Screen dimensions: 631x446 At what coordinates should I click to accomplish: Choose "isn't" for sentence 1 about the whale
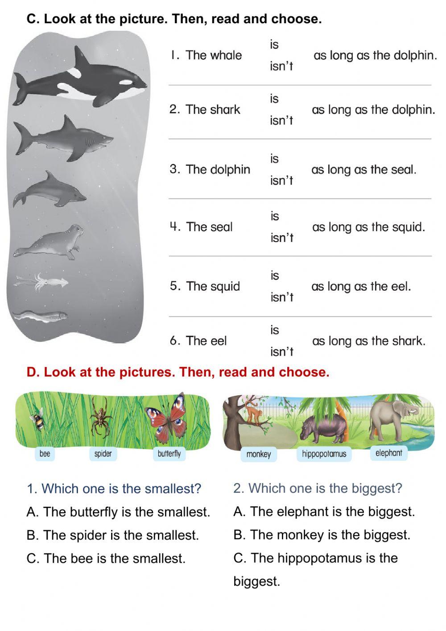tap(281, 67)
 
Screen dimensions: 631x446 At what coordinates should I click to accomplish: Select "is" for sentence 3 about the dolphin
tap(274, 159)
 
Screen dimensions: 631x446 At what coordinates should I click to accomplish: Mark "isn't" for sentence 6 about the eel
tap(281, 352)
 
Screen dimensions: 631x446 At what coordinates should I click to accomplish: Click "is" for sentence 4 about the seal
tap(275, 216)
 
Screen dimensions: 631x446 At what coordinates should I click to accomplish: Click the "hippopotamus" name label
tap(324, 454)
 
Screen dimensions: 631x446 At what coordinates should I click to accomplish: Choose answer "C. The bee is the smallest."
tap(106, 558)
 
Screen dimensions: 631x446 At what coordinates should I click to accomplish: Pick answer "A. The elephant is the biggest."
tap(324, 511)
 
